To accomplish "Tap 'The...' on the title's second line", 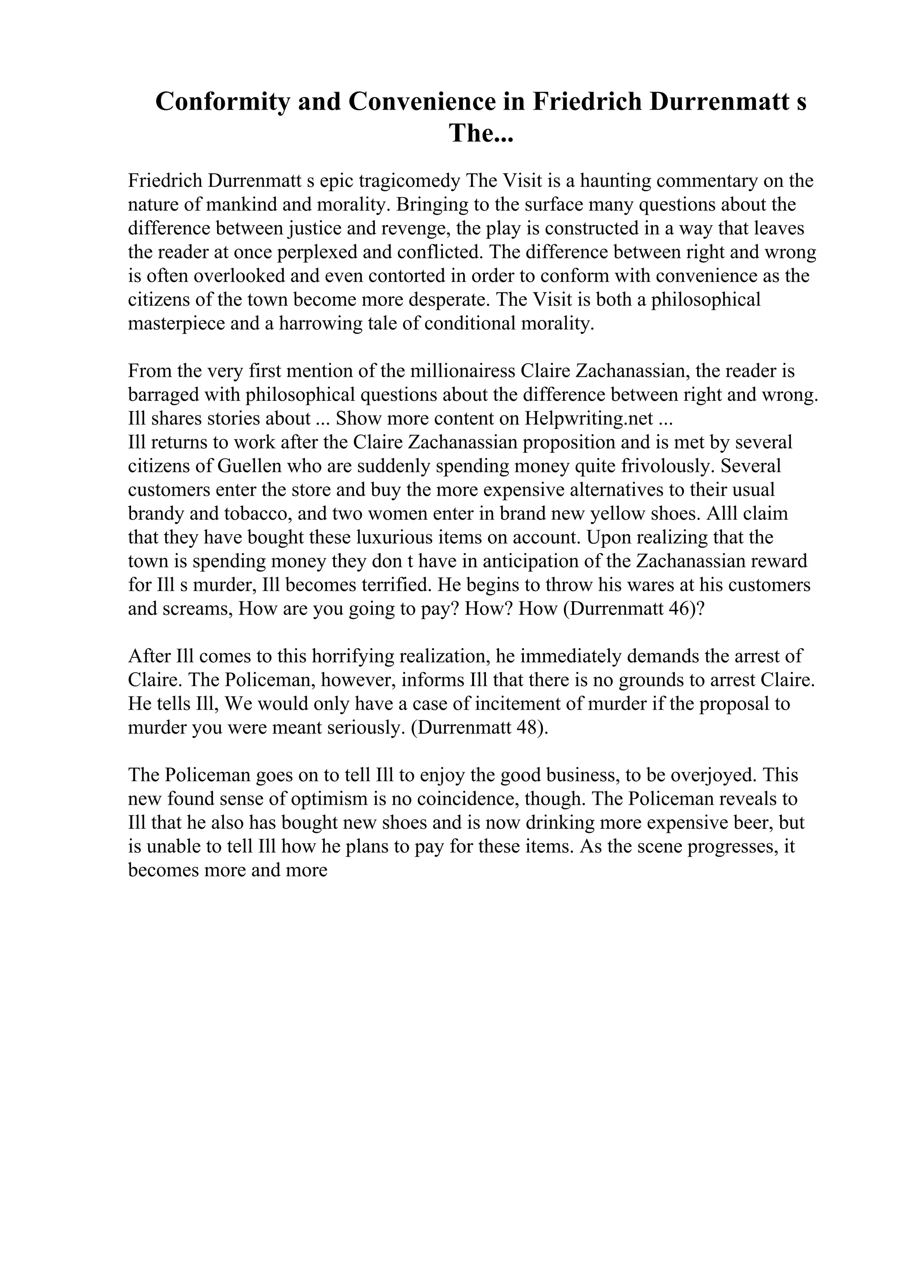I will point(481,133).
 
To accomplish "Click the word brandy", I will point(156,514).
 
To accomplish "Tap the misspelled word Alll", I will point(722,514).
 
